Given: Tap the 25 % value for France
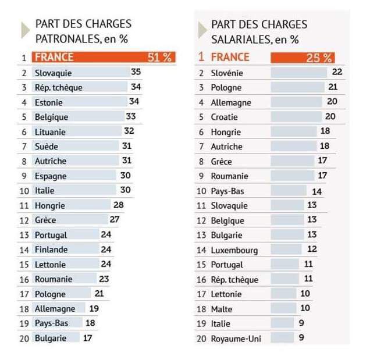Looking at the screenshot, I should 319,58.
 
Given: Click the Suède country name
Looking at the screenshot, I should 47,147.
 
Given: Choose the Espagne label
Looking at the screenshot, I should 51,176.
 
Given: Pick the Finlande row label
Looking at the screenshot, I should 51,249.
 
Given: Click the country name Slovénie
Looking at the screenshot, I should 227,73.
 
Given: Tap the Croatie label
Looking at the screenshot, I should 224,117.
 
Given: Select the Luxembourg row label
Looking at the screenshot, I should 234,249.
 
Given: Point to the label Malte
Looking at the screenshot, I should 220,309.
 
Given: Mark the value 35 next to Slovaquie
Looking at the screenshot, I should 136,72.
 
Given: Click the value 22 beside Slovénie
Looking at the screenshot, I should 337,72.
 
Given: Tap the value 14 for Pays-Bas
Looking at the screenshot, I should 316,190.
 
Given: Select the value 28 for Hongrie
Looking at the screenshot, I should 119,205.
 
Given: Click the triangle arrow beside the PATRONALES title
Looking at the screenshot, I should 25,30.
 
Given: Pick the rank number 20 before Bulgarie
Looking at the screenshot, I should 24,338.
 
